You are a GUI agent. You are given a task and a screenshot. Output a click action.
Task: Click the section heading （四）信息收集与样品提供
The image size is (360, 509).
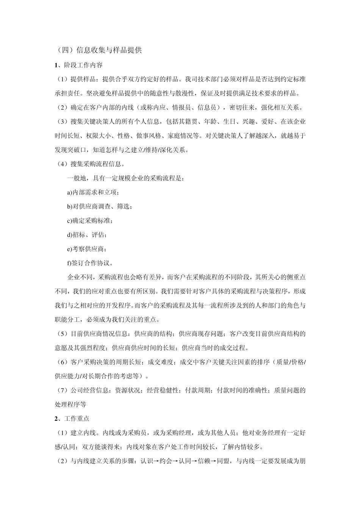(x=98, y=50)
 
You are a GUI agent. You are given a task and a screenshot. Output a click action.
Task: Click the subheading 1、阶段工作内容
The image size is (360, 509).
(x=78, y=65)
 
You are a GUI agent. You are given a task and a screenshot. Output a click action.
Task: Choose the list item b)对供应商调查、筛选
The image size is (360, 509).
(x=100, y=206)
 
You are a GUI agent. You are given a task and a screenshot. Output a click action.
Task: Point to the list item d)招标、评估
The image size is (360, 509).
(x=87, y=235)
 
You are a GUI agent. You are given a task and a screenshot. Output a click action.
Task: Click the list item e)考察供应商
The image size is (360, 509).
(x=87, y=249)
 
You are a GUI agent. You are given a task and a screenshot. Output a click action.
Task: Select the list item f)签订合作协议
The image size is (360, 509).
(x=90, y=263)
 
